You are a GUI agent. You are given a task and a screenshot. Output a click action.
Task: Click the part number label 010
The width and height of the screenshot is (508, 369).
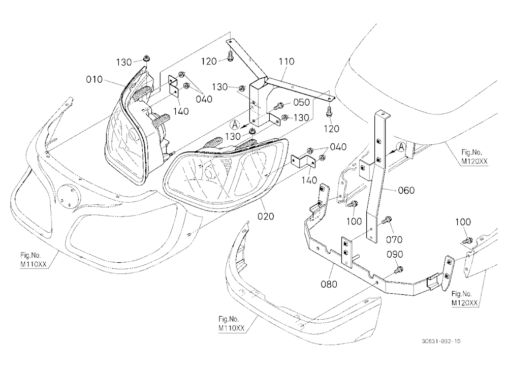point(94,79)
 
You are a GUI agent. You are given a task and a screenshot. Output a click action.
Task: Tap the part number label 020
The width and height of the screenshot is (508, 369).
point(266,217)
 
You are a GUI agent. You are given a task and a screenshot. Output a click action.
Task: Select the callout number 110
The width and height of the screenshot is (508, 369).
point(287,61)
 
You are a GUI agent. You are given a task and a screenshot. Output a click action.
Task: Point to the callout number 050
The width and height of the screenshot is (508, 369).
point(302,102)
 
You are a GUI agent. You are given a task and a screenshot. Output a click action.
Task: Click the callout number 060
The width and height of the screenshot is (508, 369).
point(406,190)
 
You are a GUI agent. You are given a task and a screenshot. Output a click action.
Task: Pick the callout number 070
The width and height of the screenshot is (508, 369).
point(394,239)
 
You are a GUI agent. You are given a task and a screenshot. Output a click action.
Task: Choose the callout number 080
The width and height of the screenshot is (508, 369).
point(329,284)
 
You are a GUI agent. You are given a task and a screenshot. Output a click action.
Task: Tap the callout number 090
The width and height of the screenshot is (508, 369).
point(395,255)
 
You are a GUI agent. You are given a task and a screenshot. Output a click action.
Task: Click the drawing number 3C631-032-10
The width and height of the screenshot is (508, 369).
point(441,341)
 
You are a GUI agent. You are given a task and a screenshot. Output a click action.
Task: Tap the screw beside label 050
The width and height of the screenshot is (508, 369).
point(279,106)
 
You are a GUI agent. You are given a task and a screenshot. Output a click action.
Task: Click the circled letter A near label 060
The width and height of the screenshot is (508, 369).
point(401,147)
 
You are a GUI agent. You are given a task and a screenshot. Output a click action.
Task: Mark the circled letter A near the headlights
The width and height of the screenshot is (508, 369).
point(235,124)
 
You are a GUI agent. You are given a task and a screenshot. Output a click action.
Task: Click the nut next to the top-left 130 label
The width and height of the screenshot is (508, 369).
point(145,59)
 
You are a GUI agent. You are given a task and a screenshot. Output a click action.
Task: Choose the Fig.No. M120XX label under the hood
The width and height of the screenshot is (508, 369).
point(474,157)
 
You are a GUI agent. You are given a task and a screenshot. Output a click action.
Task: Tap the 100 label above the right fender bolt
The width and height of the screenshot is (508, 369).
point(463,222)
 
